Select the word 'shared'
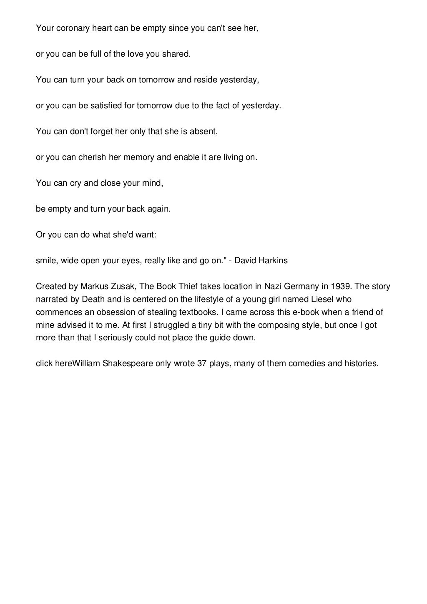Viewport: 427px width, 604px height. [176, 54]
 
